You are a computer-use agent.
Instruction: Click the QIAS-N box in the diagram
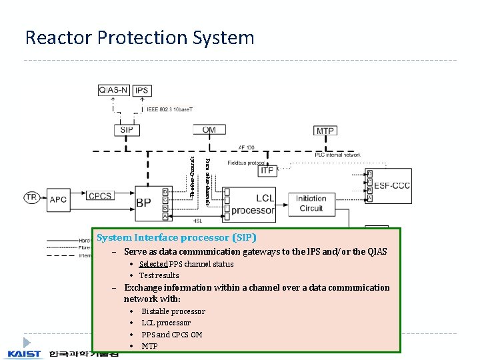click(x=114, y=90)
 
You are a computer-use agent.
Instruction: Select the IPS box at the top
click(x=142, y=90)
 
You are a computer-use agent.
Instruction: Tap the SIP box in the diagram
click(x=126, y=130)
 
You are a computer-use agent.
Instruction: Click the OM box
click(x=209, y=130)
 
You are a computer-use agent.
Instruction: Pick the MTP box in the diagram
click(x=325, y=131)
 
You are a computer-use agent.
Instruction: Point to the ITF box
click(x=267, y=171)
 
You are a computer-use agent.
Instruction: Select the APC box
click(x=58, y=198)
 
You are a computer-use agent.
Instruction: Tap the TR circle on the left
click(x=31, y=197)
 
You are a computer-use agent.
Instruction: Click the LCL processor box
click(x=253, y=204)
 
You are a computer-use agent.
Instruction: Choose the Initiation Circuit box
click(x=311, y=203)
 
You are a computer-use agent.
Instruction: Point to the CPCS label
click(x=100, y=196)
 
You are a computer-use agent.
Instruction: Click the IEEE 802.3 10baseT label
click(x=175, y=109)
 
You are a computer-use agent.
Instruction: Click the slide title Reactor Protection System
click(x=139, y=37)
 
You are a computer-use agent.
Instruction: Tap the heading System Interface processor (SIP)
click(x=176, y=237)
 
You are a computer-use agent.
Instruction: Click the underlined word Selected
click(x=153, y=264)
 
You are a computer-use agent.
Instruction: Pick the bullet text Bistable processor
click(x=173, y=311)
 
